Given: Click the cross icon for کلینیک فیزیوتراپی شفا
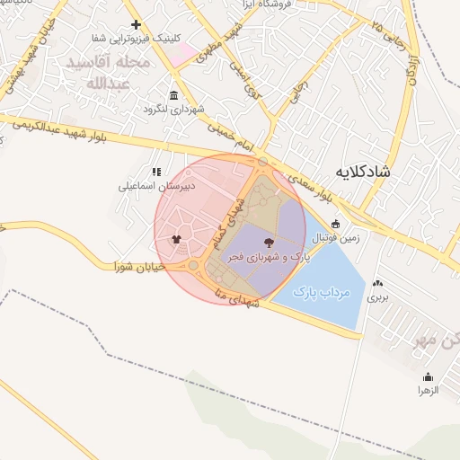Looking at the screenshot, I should click(x=136, y=24).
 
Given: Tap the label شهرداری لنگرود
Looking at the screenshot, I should click(x=174, y=109).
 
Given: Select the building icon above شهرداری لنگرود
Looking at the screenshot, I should click(x=173, y=95).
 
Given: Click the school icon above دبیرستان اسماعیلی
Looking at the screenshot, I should click(x=156, y=172).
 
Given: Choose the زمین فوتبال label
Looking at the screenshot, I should click(x=334, y=239).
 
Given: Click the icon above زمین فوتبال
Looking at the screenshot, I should click(x=335, y=225).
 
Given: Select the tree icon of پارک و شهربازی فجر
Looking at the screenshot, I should click(x=268, y=242).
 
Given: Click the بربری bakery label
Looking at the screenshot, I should click(x=378, y=296).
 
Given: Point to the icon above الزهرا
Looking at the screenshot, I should click(x=427, y=377).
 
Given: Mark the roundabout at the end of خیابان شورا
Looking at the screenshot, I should click(x=192, y=266).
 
